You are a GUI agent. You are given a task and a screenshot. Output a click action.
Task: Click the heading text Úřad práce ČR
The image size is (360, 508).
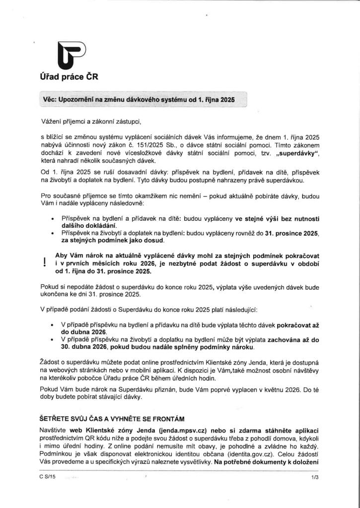tap(69, 77)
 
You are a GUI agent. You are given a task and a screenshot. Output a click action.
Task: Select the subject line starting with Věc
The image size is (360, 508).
tap(139, 99)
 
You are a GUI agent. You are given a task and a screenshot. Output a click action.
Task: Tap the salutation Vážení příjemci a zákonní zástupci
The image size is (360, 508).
tap(94, 121)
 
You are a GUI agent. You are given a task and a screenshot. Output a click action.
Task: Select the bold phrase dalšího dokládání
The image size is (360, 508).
tap(89, 226)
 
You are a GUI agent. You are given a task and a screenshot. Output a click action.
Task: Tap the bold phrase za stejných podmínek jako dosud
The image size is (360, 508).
tap(112, 241)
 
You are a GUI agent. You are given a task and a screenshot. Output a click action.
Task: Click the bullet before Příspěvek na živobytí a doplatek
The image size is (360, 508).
tap(53, 233)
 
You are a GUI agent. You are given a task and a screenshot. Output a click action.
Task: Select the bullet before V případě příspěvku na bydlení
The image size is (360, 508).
tap(53, 324)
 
